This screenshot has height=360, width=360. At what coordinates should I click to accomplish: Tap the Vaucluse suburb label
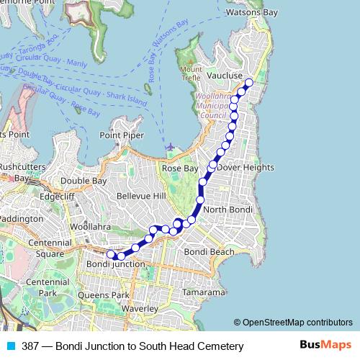click(x=208, y=75)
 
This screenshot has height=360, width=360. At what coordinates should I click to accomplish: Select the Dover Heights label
click(x=246, y=167)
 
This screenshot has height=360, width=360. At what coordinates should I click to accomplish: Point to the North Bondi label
click(x=226, y=210)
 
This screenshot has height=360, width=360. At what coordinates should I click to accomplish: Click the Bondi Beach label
click(x=209, y=252)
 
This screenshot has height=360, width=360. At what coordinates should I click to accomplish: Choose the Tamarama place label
click(x=204, y=293)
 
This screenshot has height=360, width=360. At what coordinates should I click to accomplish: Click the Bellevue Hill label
click(x=141, y=196)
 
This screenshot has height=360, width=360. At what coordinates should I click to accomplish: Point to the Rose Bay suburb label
click(x=179, y=168)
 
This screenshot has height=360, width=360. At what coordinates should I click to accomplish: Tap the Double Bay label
click(x=84, y=181)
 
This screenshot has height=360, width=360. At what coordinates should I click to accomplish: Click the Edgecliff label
click(x=58, y=195)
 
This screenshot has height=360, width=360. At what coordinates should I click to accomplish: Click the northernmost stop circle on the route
click(x=249, y=83)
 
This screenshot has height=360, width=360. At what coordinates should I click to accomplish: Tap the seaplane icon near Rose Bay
click(x=168, y=148)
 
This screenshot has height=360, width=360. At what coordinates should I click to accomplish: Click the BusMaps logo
click(x=325, y=346)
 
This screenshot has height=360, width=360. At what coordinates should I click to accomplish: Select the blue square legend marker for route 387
click(x=9, y=346)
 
